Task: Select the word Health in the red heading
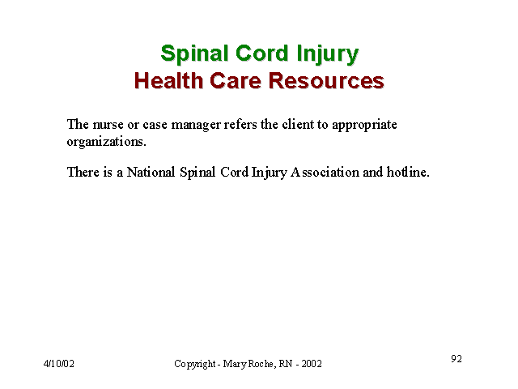(168, 80)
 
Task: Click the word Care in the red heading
(236, 81)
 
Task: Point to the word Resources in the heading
(326, 81)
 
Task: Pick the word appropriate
(364, 126)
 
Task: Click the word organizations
(106, 143)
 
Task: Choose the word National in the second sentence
(151, 172)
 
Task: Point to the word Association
(325, 172)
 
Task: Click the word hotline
(408, 172)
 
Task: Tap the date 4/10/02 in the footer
(59, 364)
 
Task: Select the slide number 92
(456, 358)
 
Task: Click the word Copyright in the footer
(195, 364)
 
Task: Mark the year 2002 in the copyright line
(312, 364)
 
